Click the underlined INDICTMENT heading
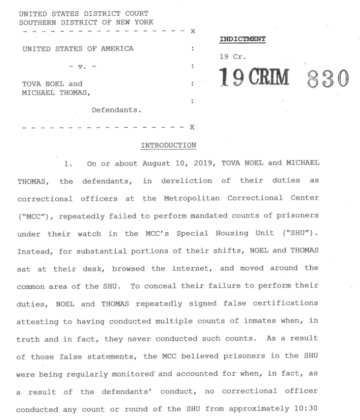[243, 39]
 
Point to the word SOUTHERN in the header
[36, 22]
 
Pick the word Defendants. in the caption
[116, 110]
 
